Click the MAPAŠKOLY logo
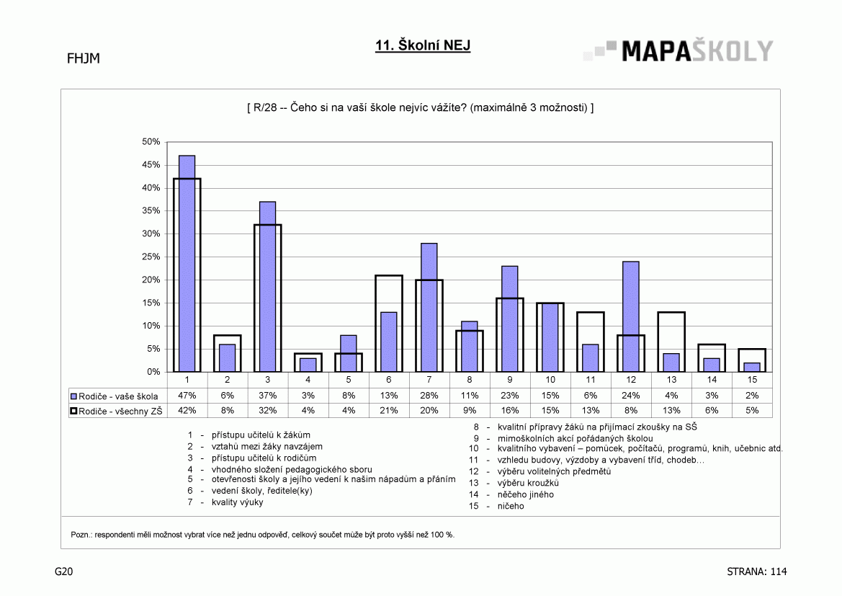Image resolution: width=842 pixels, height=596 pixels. pyautogui.click(x=678, y=51)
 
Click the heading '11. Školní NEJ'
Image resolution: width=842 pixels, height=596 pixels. pyautogui.click(x=423, y=45)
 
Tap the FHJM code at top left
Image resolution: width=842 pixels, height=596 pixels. pyautogui.click(x=84, y=58)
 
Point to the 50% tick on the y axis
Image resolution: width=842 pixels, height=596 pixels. pyautogui.click(x=151, y=142)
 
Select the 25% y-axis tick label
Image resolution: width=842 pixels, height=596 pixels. pyautogui.click(x=151, y=257)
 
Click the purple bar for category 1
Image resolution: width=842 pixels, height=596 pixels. pyautogui.click(x=187, y=263)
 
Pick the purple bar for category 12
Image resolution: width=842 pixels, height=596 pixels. pyautogui.click(x=631, y=316)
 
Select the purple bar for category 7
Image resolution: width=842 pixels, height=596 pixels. pyautogui.click(x=429, y=308)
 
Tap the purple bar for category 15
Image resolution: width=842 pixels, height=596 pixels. pyautogui.click(x=752, y=368)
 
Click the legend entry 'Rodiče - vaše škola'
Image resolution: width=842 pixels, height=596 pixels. pyautogui.click(x=115, y=396)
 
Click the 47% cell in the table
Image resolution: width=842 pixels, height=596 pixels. pyautogui.click(x=187, y=396)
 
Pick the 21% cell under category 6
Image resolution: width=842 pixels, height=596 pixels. pyautogui.click(x=389, y=411)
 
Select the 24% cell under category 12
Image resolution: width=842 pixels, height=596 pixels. pyautogui.click(x=631, y=396)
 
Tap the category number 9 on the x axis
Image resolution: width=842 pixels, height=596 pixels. pyautogui.click(x=510, y=380)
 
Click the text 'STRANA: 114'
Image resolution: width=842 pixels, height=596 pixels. pyautogui.click(x=757, y=571)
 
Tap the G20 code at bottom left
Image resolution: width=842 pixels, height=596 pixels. pyautogui.click(x=64, y=571)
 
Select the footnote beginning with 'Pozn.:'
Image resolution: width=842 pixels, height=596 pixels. pyautogui.click(x=263, y=535)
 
